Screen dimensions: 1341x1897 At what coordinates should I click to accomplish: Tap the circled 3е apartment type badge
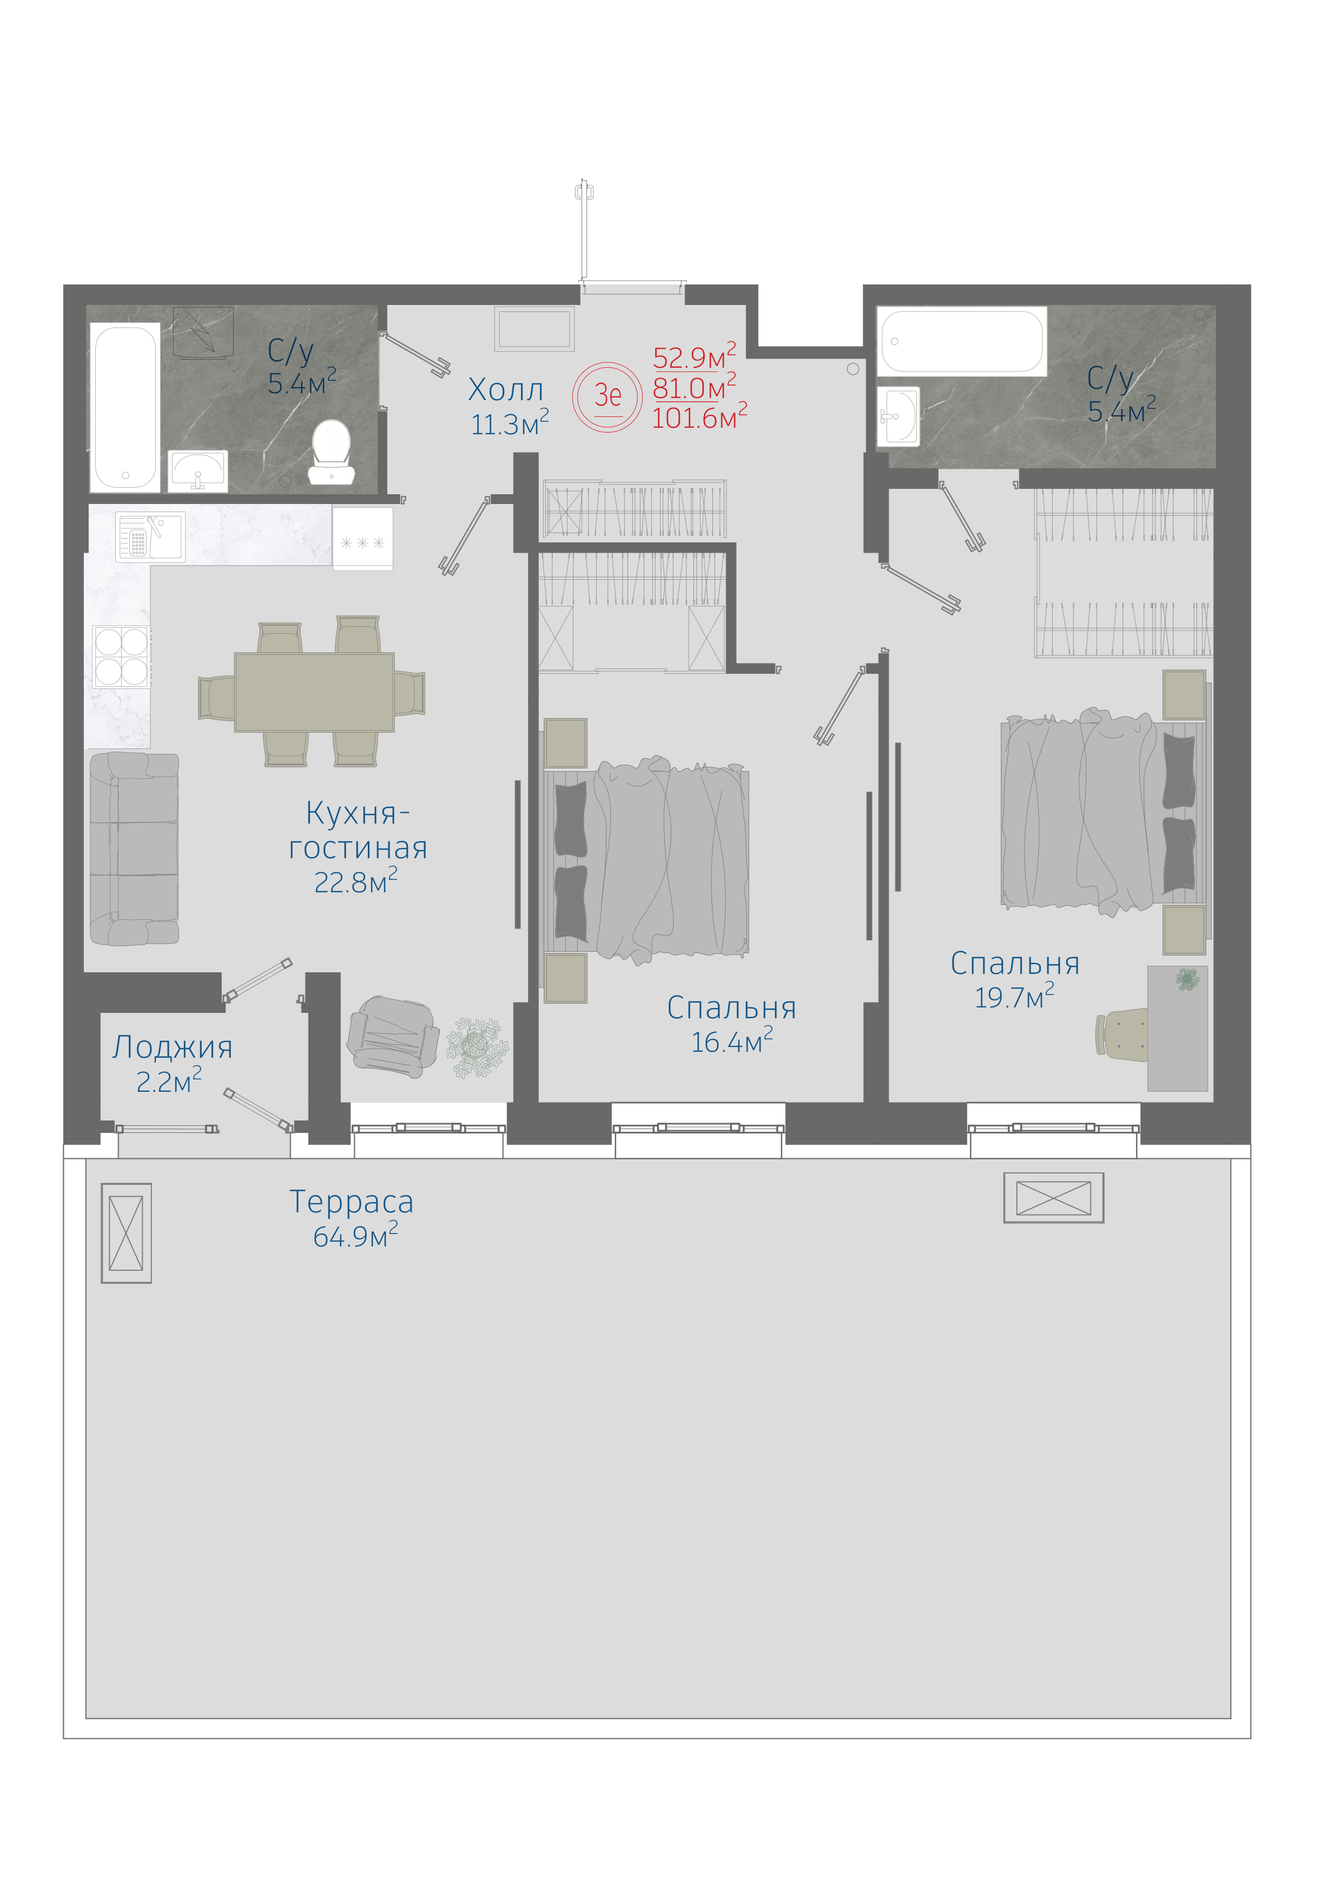point(607,396)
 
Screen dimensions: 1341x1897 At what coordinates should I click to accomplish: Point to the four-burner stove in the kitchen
point(121,656)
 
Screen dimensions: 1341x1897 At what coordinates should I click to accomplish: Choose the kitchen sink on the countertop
point(149,536)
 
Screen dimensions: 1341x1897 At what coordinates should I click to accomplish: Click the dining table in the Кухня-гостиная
point(314,692)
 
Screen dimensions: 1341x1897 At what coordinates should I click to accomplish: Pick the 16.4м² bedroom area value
point(732,1041)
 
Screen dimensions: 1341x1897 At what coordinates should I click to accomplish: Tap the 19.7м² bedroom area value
point(1014,997)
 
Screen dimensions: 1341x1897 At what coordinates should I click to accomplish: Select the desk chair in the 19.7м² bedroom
point(1121,1033)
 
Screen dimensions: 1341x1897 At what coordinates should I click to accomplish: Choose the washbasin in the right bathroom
point(898,416)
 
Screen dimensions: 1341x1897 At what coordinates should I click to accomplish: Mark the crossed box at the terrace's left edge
point(127,1233)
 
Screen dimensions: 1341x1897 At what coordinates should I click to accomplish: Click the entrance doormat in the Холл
point(534,329)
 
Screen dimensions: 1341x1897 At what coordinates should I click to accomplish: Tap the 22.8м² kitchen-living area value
point(355,881)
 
